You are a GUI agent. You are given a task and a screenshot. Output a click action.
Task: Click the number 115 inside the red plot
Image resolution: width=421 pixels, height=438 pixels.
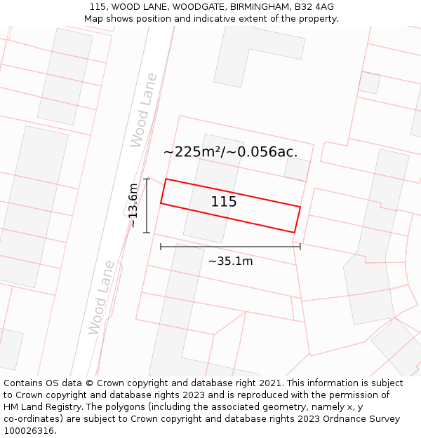tap(224, 202)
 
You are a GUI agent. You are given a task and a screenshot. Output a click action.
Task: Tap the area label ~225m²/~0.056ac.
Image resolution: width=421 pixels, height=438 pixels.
tap(230, 151)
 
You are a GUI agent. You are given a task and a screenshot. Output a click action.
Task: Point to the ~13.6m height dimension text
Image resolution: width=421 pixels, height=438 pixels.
tap(133, 205)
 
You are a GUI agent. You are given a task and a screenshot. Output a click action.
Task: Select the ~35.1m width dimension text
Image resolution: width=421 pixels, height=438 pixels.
tap(230, 261)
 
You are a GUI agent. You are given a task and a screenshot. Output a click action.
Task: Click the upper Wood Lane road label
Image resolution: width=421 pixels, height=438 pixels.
tap(145, 110)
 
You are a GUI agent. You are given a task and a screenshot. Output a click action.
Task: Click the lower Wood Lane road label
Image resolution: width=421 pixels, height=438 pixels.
tap(102, 298)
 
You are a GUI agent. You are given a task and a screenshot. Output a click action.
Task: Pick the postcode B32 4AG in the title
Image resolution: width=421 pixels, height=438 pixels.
tap(314, 7)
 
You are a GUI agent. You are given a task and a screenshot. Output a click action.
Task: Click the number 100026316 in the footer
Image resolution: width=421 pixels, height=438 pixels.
tap(30, 431)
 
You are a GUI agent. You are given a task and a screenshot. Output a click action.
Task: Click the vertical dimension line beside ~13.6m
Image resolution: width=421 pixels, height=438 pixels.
tap(147, 205)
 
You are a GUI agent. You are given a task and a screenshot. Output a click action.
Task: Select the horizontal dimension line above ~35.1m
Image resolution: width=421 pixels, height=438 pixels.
tap(230, 246)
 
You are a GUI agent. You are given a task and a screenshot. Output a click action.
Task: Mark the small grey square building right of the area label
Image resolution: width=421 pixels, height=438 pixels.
tap(297, 169)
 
